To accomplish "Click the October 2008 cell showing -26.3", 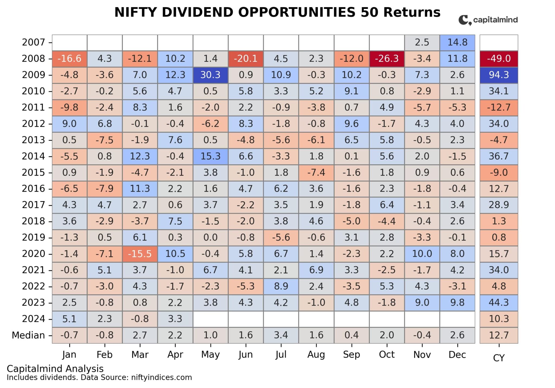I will coord(386,59).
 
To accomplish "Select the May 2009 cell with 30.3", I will coord(210,75).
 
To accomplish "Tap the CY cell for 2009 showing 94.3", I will coord(499,75).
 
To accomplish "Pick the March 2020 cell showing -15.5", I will coord(140,254).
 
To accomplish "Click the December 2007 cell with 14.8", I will coord(457,42).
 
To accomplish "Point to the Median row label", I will coord(28,335).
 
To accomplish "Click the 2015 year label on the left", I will coord(33,172).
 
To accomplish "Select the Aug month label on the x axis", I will coord(316,354).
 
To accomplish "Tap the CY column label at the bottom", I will coord(499,358).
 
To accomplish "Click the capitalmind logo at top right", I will coord(488,20).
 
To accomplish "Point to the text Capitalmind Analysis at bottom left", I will coord(55,368).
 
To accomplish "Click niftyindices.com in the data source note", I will coord(161,377).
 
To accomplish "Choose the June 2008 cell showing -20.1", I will coord(246,59).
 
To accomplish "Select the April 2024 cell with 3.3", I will coord(175,319).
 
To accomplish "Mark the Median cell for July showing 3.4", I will coord(281,335).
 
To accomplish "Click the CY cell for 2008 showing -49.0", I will coord(499,59).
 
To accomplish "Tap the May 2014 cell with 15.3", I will coord(210,156).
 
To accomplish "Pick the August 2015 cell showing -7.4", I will coord(316,172).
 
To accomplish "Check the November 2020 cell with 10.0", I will coord(422,254).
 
